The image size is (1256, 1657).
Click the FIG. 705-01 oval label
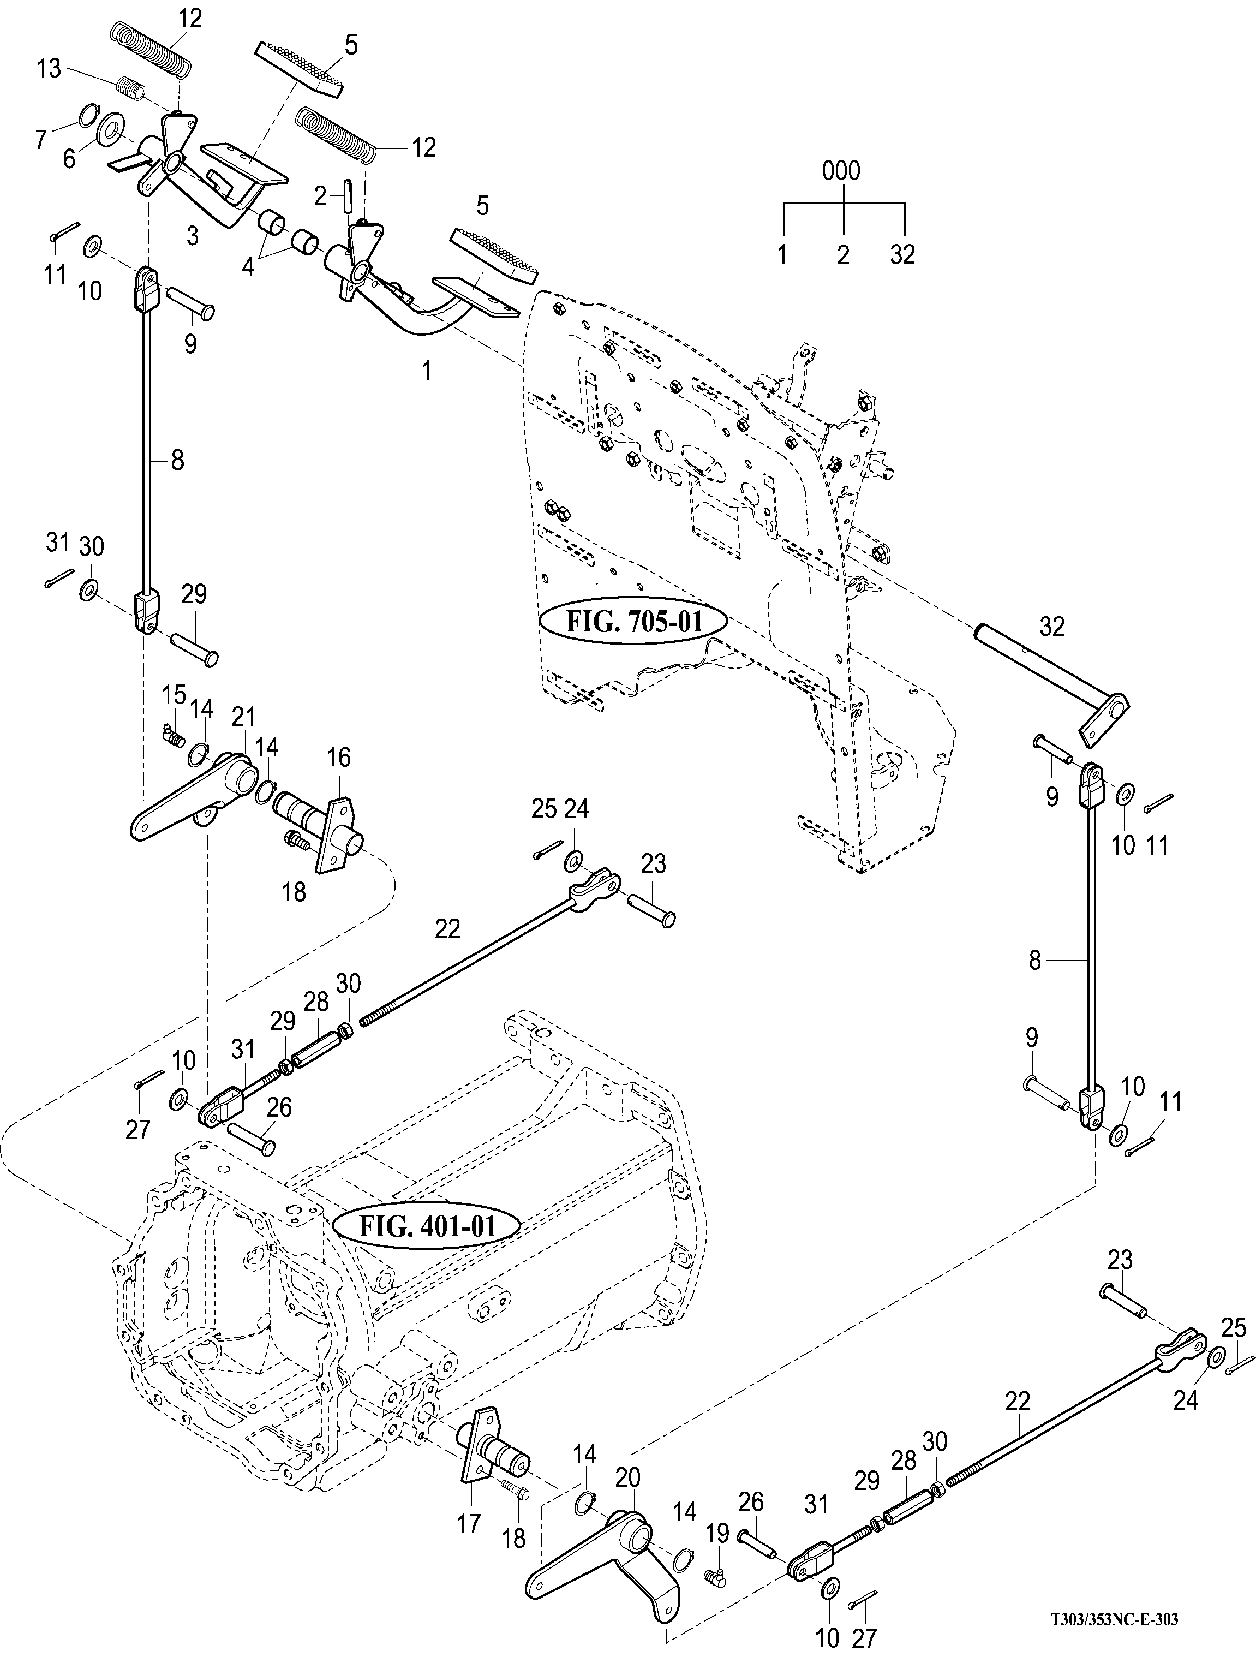point(633,622)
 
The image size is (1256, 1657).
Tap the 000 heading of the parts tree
point(841,171)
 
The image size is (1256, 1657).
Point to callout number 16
point(338,758)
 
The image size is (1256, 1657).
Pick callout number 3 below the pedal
point(193,235)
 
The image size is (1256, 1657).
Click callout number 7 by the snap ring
point(40,139)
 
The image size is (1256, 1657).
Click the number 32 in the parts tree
point(902,255)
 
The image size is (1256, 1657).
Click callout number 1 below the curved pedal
point(426,370)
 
